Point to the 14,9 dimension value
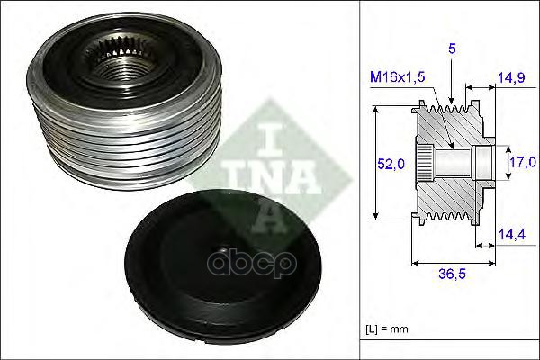coord(511,79)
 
